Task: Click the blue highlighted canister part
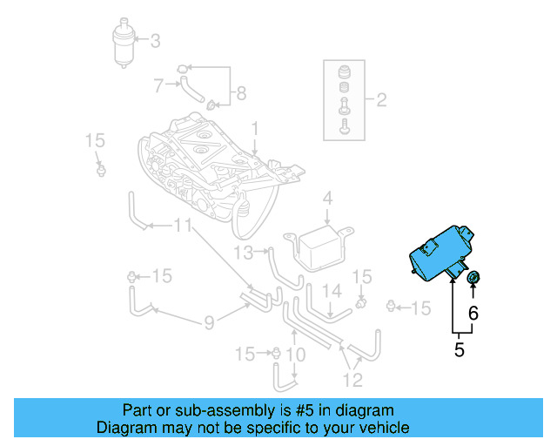[442, 253]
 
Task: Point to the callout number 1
[255, 129]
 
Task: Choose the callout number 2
[380, 100]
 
